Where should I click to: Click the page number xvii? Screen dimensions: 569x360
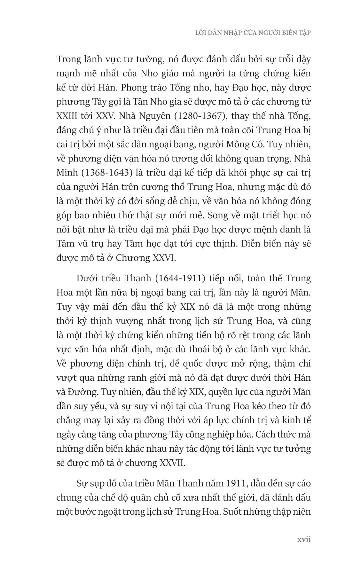304,539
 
